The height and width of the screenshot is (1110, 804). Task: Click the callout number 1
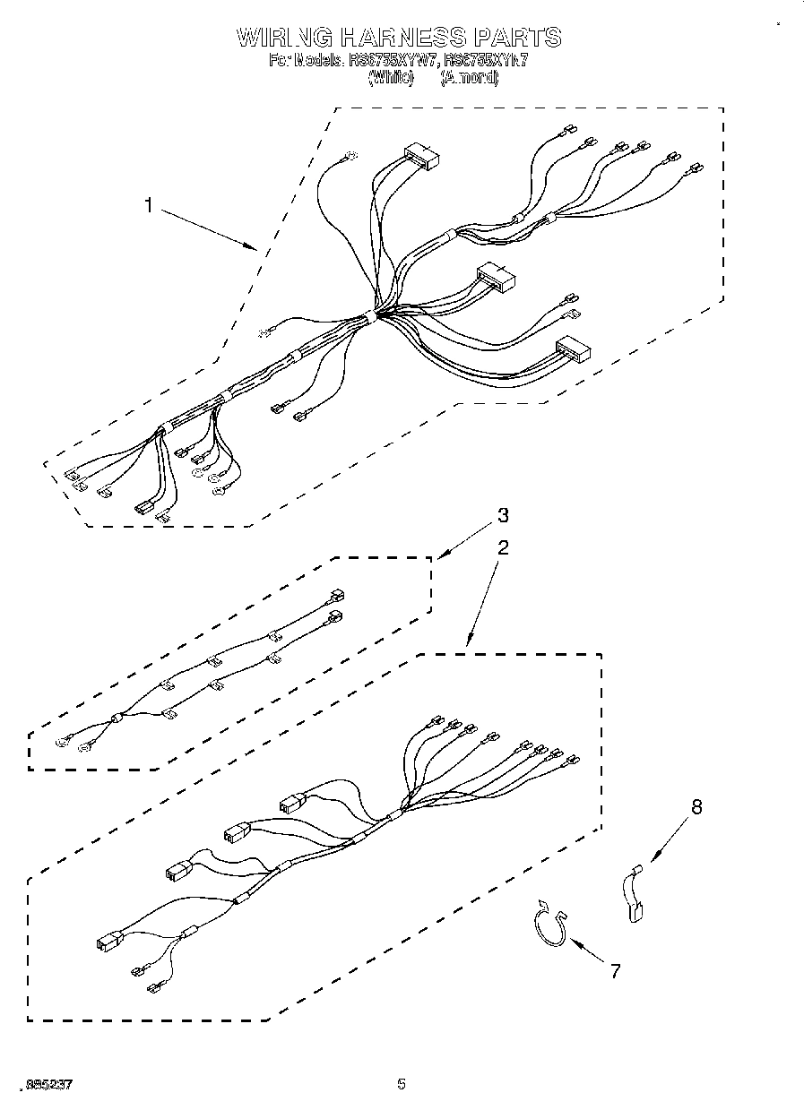150,205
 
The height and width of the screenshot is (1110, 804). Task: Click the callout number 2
503,548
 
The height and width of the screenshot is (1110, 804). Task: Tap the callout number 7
615,970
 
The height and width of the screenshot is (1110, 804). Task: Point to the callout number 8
696,807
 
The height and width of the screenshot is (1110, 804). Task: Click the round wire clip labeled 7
546,924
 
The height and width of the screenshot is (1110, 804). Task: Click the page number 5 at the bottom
402,1085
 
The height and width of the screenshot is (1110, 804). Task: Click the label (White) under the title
391,78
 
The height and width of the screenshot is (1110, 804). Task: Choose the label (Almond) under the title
469,78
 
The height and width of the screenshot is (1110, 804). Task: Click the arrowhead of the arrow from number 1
255,245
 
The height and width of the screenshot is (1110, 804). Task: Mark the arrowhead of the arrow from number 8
649,861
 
